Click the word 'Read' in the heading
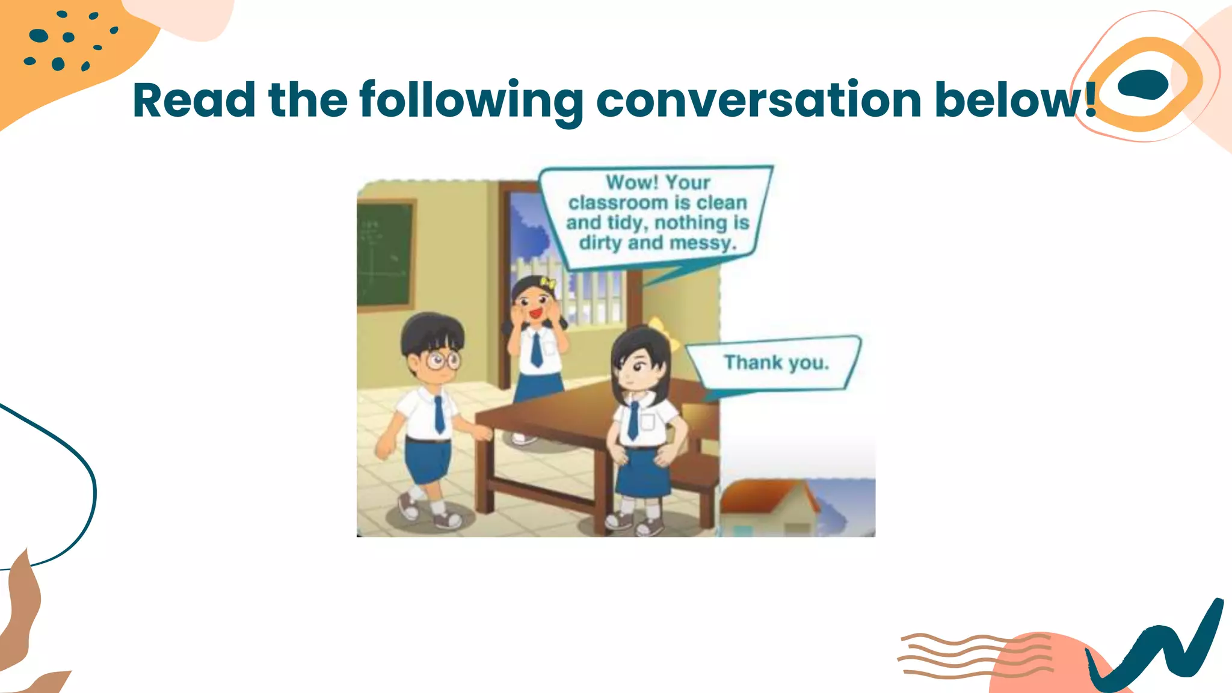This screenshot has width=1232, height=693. tap(194, 100)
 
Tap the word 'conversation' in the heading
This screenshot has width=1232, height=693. tap(759, 100)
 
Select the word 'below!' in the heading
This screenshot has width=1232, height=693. tap(1015, 100)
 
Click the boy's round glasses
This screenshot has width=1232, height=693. tap(443, 361)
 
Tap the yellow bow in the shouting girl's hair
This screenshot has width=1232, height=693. tap(547, 283)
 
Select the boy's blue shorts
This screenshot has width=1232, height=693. tap(427, 461)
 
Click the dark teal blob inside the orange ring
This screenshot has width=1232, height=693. tap(1142, 84)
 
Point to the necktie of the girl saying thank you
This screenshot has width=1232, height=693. tap(633, 420)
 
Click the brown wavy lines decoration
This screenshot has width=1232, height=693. tap(975, 656)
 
